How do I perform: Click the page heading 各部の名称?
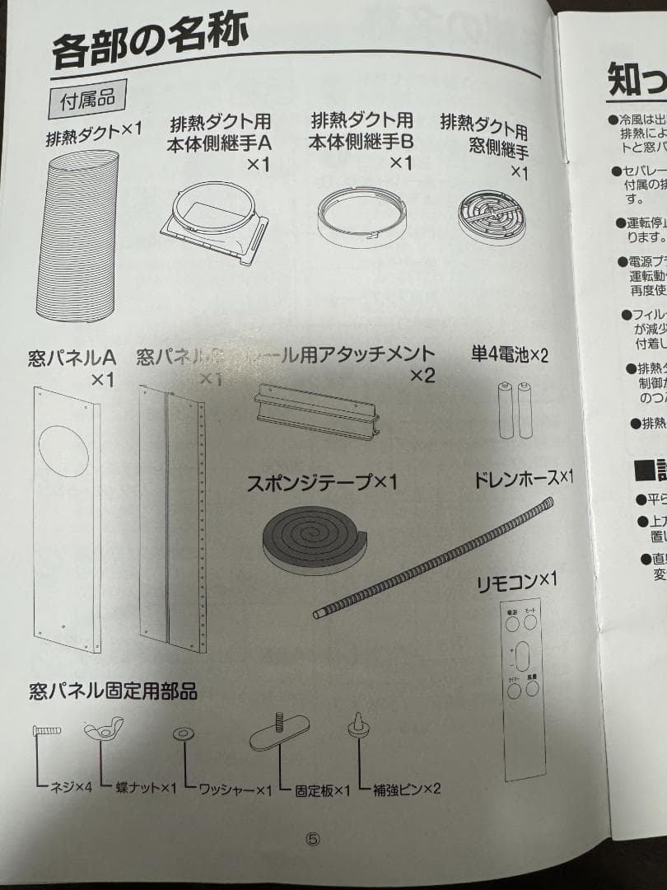pyautogui.click(x=151, y=41)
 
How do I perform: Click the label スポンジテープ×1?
pyautogui.click(x=322, y=482)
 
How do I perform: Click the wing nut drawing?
pyautogui.click(x=103, y=729)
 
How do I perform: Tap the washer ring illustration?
pyautogui.click(x=182, y=733)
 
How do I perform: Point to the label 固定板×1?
pyautogui.click(x=324, y=789)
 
